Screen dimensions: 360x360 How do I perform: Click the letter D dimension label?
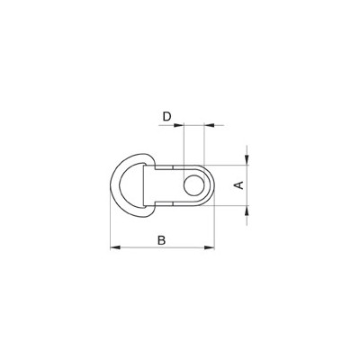pos(166,118)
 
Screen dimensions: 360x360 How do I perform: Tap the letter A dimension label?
pos(238,185)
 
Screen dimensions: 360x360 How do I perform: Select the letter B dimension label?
pos(161,239)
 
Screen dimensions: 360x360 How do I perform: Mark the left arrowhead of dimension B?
pos(112,247)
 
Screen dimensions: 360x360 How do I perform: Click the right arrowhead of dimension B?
pos(212,247)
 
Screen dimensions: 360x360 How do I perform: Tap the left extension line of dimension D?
pos(182,144)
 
